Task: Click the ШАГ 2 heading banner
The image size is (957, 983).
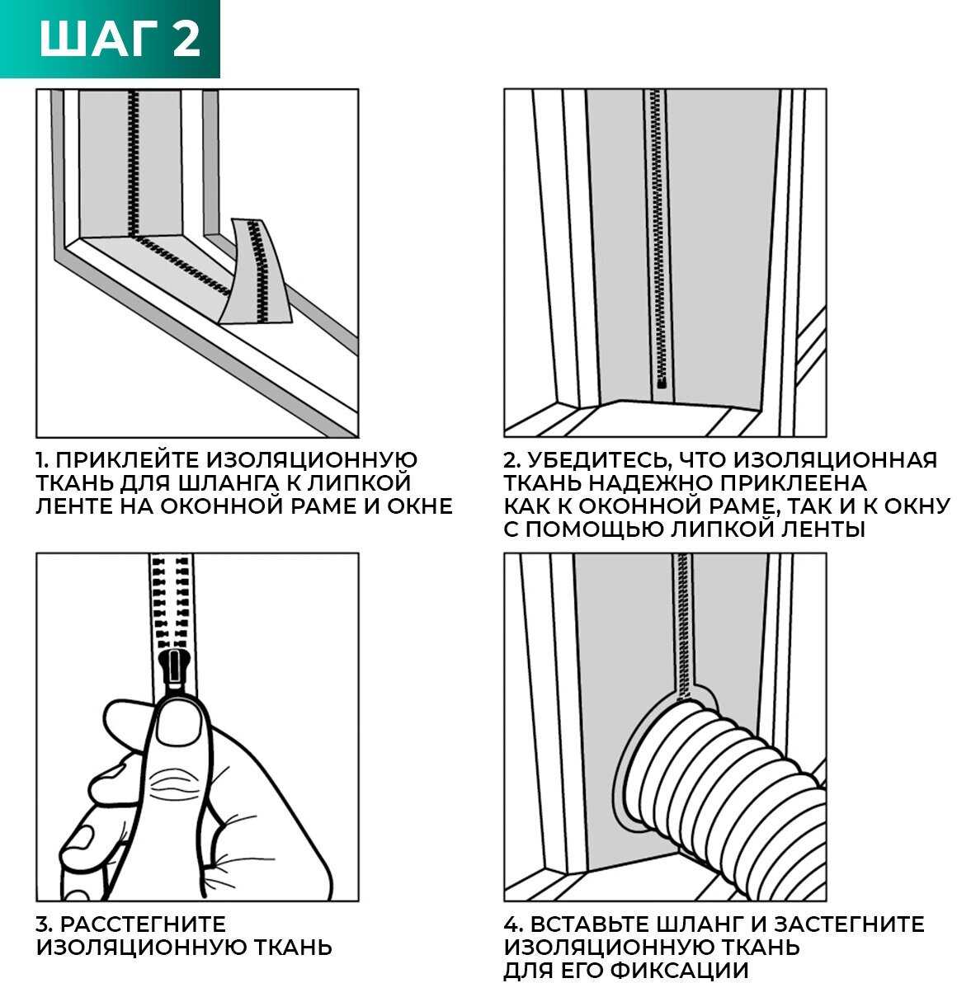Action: click(110, 39)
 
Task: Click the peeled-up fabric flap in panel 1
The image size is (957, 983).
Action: click(255, 273)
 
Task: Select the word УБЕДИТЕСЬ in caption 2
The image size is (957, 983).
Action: click(595, 459)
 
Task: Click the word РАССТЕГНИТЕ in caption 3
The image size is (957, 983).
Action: click(143, 924)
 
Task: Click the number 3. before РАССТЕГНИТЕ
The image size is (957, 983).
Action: click(44, 924)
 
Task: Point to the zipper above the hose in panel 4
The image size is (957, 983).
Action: click(683, 627)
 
